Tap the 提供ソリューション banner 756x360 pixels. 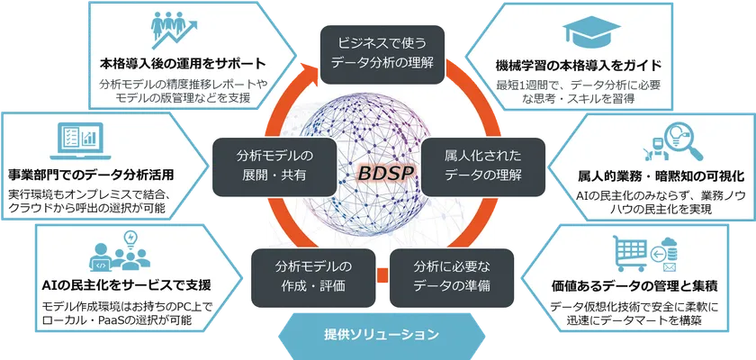coord(381,336)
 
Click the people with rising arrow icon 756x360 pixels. coord(179,32)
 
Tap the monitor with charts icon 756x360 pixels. coord(78,139)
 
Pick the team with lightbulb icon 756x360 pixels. coord(118,253)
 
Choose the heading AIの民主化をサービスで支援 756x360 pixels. coord(126,286)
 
